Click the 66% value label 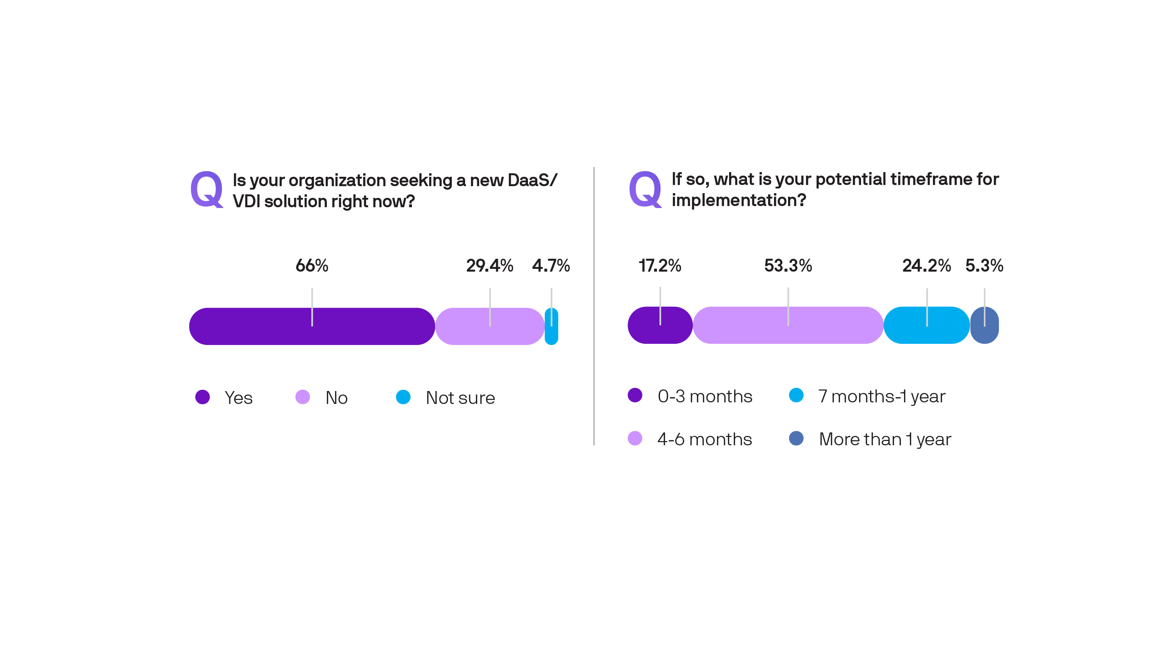pos(312,265)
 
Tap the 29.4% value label pos(489,265)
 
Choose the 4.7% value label pos(551,265)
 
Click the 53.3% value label pos(788,265)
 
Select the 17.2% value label pos(660,265)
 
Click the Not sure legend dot pos(403,397)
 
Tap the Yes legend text pos(238,398)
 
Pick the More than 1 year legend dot pos(796,438)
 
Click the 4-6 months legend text pos(704,439)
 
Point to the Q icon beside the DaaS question pos(206,190)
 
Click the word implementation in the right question pos(733,200)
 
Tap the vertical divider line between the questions pos(594,306)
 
